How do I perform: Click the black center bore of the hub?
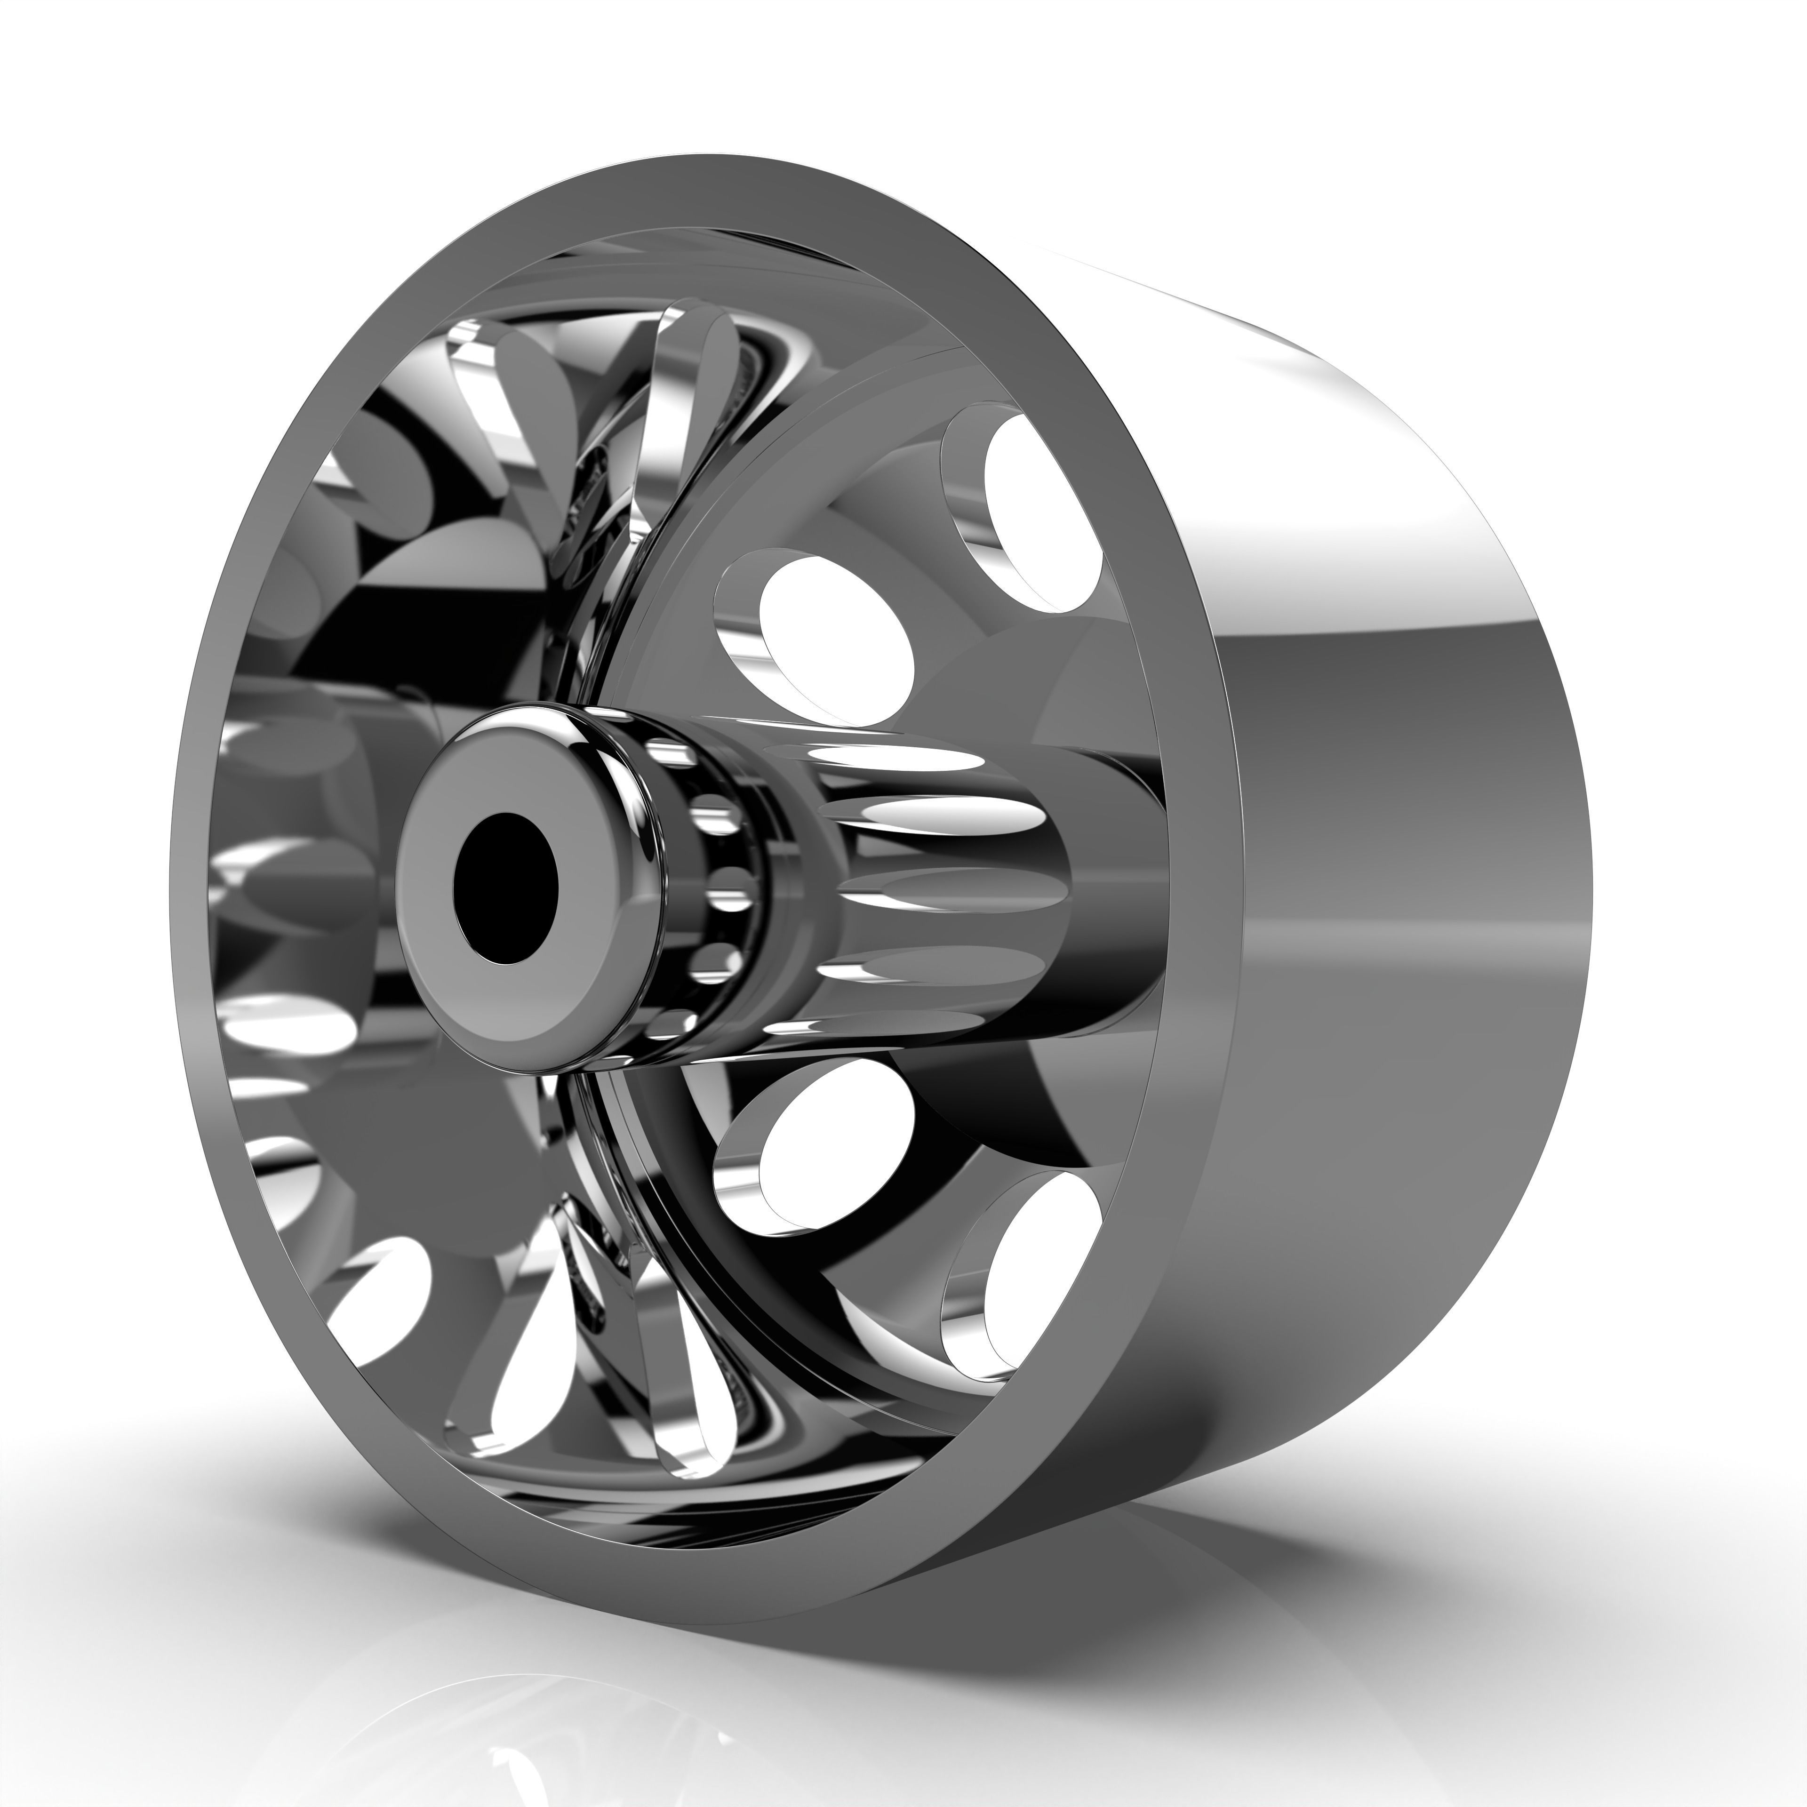[x=505, y=887]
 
